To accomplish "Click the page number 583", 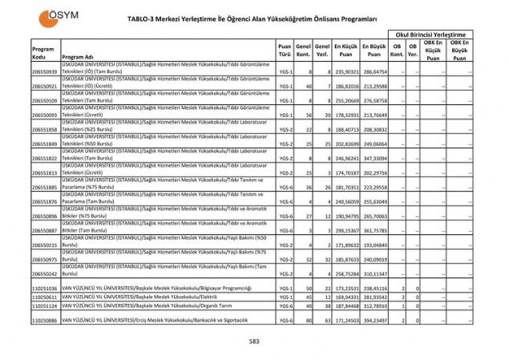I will point(253,340).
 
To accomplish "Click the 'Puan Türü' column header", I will point(285,51).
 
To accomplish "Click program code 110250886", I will point(45,320).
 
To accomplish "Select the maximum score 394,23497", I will point(374,320).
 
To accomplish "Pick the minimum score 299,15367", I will point(346,229).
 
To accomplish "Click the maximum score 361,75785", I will point(374,229).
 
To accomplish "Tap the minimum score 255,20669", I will point(346,101).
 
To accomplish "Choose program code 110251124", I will point(45,305).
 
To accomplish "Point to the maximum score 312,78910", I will point(374,305).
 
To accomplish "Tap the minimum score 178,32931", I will point(346,115).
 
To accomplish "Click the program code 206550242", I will point(45,273).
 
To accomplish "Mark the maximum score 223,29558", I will point(374,187).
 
